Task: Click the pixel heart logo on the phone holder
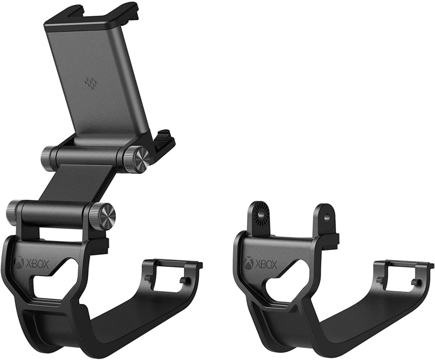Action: [90, 83]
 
